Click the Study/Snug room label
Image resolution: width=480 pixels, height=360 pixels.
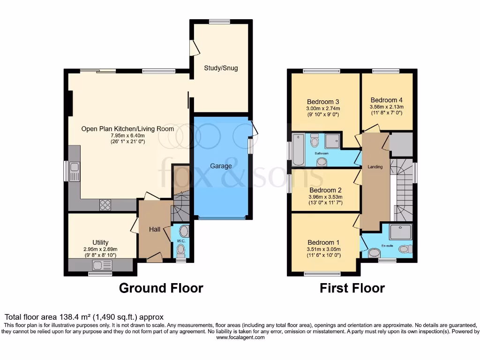click(221, 68)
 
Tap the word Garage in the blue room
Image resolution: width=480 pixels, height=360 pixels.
click(221, 166)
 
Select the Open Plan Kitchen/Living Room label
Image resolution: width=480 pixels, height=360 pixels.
click(127, 129)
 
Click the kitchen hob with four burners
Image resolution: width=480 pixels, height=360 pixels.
click(105, 204)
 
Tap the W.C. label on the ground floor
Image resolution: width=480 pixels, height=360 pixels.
click(181, 241)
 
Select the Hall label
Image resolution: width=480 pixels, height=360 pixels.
click(155, 229)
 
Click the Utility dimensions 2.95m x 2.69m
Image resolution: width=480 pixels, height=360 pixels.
click(101, 249)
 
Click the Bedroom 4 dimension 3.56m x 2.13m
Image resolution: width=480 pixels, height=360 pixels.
click(386, 107)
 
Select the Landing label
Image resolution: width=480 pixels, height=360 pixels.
click(375, 167)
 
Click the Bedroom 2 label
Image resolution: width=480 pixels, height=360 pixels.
click(325, 190)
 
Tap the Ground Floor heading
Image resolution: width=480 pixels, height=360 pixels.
click(161, 288)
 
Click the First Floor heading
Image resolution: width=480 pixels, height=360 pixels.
click(352, 288)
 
